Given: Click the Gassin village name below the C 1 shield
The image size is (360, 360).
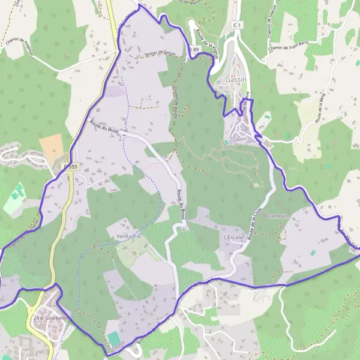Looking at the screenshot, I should tap(238, 79).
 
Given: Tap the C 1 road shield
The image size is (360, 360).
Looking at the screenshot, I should tap(238, 25).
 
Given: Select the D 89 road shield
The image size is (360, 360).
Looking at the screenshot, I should tap(193, 49).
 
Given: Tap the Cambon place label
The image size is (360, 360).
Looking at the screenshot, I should tap(278, 216).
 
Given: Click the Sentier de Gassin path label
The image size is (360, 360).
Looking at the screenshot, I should tap(157, 54).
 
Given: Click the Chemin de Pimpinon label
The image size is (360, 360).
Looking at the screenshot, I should tap(19, 46).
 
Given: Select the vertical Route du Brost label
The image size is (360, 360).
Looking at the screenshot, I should tap(179, 204).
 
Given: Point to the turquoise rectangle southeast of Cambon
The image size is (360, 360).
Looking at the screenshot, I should tap(313, 253).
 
